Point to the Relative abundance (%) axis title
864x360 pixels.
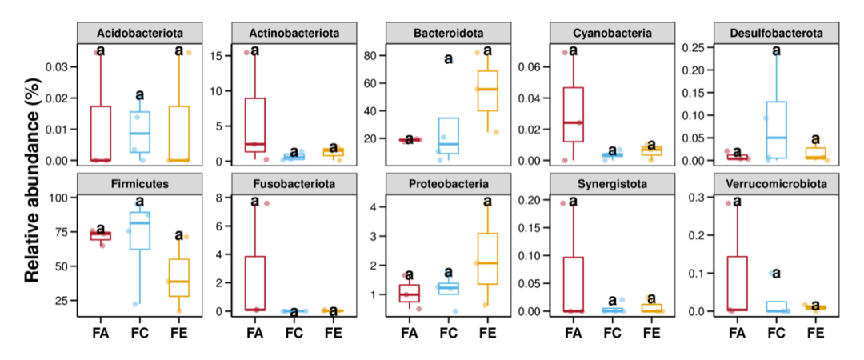tap(32, 180)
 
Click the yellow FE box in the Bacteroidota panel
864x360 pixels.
tap(487, 90)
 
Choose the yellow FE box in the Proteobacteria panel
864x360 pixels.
tap(487, 258)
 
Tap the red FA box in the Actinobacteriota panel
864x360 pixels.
tap(255, 125)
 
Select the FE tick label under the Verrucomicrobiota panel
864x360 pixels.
tap(815, 333)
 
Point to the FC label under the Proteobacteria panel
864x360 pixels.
tap(449, 333)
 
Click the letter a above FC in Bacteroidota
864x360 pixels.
tap(448, 58)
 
